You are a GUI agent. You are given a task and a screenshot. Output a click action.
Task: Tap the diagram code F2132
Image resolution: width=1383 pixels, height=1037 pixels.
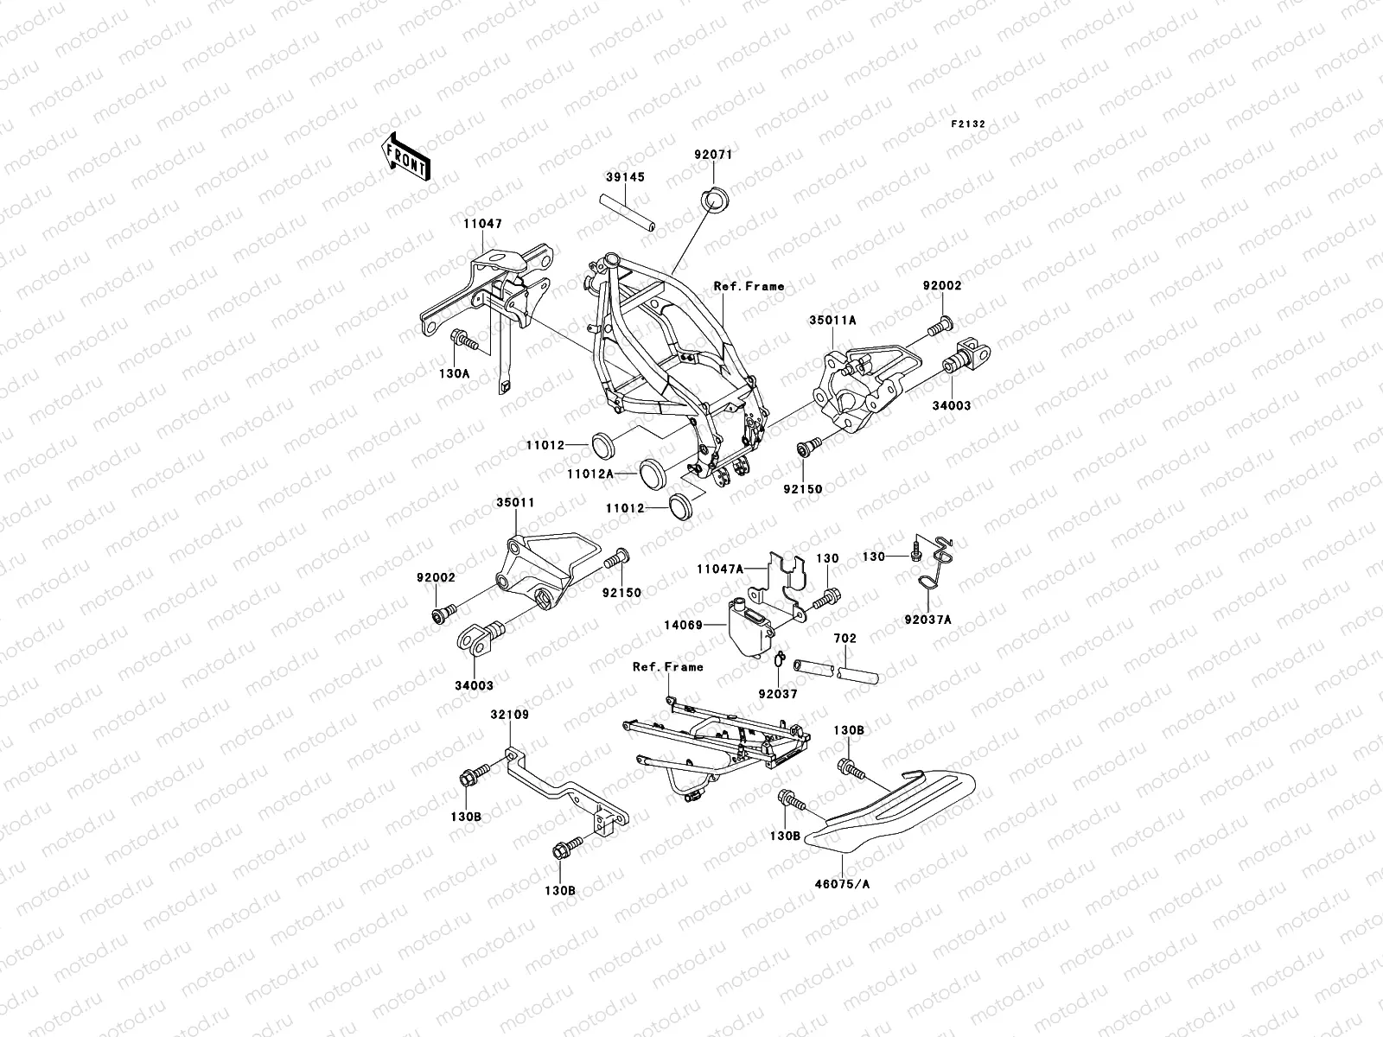coord(968,124)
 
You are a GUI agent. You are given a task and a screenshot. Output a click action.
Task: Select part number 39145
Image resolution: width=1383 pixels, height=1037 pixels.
coord(624,177)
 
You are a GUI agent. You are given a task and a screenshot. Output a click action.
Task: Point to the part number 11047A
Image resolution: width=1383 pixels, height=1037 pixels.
coord(720,569)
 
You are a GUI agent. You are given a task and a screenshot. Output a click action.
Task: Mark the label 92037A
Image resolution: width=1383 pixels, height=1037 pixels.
coord(927,620)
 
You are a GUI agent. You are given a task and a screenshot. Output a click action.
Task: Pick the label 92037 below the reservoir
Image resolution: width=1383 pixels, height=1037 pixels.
coord(778,693)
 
